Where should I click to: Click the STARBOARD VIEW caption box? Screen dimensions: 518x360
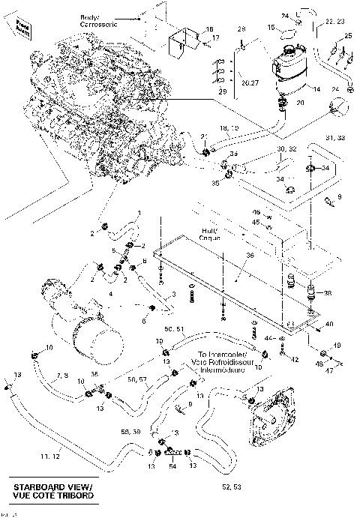pos(51,492)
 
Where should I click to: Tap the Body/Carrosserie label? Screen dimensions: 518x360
pos(94,20)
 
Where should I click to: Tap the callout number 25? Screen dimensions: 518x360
pos(347,37)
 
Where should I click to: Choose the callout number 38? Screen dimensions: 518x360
pos(326,292)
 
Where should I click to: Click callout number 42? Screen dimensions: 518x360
pos(295,359)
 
